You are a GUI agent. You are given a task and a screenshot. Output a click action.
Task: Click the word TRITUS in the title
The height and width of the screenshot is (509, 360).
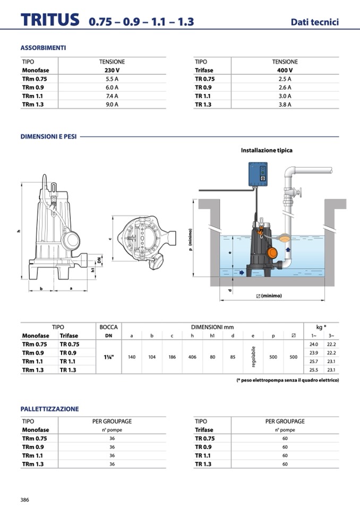point(50,20)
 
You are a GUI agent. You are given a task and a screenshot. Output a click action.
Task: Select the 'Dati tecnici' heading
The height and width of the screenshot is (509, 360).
point(314,22)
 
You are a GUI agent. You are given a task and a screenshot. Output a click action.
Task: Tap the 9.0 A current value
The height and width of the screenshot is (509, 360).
point(112,105)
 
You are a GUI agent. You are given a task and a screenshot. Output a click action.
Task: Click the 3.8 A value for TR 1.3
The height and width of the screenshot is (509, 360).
point(285,105)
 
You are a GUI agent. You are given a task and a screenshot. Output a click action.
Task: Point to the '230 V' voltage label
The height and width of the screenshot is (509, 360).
point(112,70)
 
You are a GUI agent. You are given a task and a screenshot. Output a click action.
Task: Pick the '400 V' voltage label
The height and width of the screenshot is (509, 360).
point(285,70)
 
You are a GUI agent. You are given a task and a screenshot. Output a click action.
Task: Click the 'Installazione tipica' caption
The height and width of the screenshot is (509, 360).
point(267,150)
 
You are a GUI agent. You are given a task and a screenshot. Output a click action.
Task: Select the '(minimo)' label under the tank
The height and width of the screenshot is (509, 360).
point(269,296)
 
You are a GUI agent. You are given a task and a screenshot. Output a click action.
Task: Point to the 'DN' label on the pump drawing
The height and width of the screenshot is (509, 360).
point(99,260)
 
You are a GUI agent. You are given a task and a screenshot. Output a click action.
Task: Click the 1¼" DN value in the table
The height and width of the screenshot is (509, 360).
point(109,357)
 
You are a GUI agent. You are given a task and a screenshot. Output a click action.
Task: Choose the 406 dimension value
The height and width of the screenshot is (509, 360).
point(192,357)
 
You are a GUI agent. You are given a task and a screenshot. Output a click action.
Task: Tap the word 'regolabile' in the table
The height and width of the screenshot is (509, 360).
point(253,357)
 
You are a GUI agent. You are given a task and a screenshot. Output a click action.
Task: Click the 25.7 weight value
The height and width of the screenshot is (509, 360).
point(313,361)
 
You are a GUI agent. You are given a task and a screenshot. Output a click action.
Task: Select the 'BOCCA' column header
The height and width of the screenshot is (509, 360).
point(109,327)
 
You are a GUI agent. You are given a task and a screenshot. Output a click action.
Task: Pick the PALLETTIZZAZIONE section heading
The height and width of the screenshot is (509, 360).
point(49,409)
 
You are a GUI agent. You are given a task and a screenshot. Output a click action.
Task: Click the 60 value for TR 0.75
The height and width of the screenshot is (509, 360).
point(285,438)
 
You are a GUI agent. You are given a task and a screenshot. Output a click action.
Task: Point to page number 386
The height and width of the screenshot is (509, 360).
point(24,499)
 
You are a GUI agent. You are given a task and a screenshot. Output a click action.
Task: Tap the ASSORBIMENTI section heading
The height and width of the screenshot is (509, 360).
point(43,48)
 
